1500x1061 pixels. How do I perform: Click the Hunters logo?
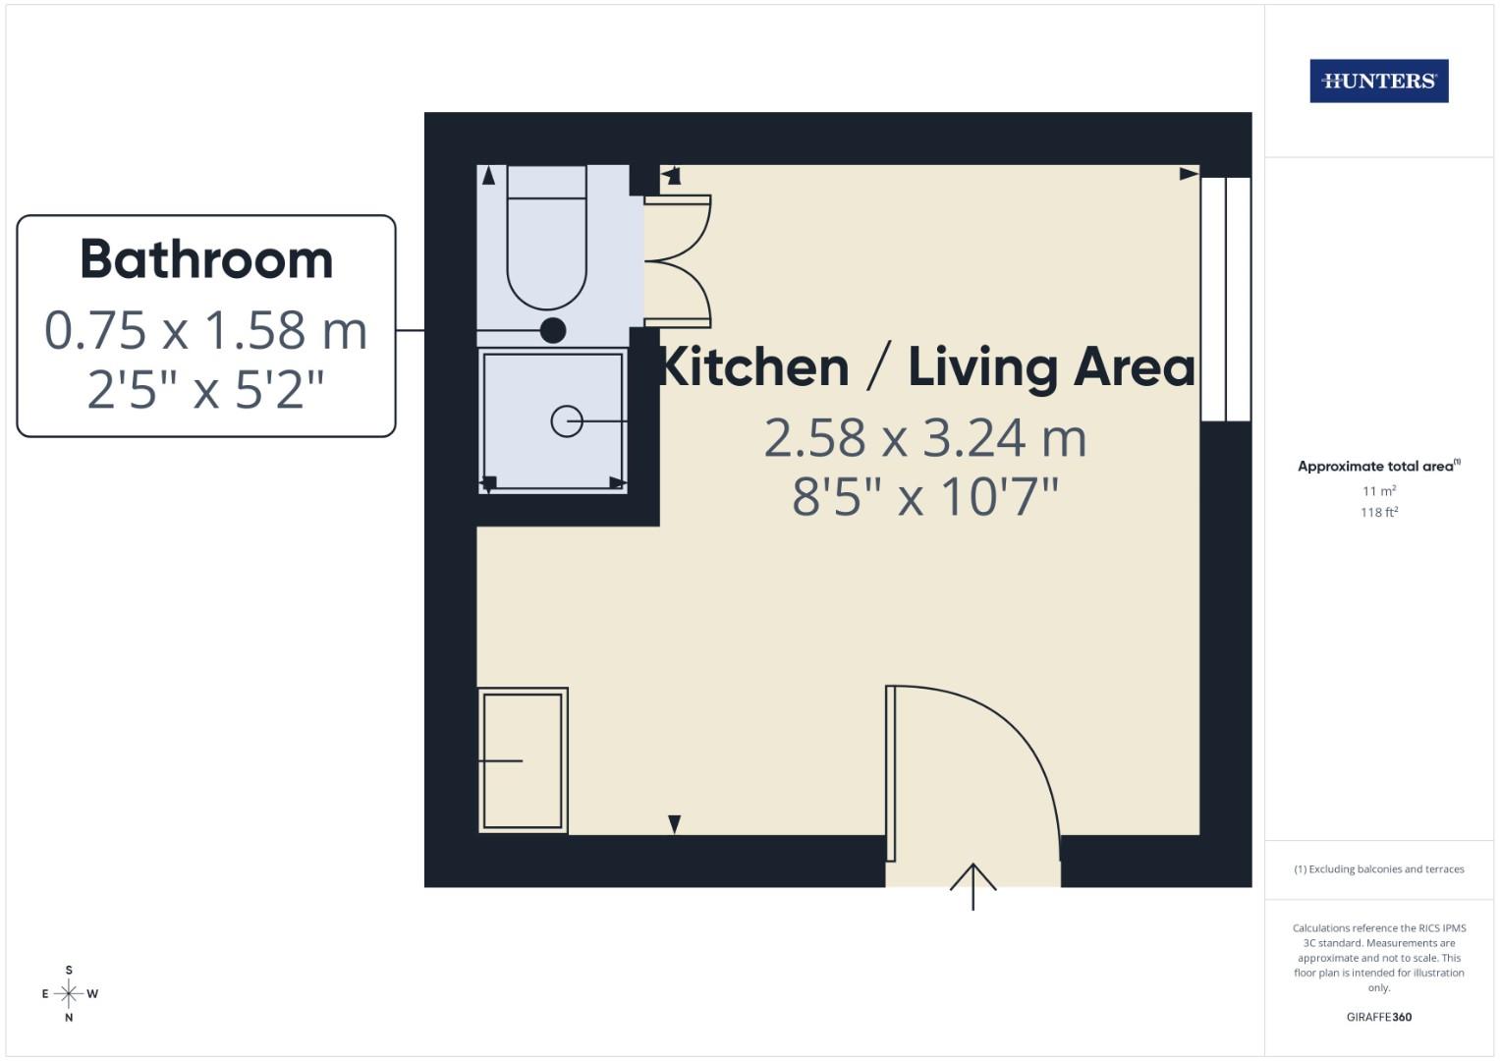coord(1378,82)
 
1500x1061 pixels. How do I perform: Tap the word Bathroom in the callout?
coord(206,260)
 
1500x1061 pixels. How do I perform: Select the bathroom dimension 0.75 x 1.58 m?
coord(206,331)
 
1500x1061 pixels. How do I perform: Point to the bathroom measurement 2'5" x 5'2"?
coord(206,390)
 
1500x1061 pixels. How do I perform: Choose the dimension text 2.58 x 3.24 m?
coord(925,438)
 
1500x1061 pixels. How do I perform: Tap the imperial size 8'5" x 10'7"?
coord(925,497)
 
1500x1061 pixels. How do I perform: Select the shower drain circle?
coord(567,421)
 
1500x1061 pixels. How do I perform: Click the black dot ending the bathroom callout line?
coord(553,331)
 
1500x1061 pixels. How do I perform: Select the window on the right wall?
coord(1226,299)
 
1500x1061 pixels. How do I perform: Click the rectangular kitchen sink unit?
coord(523,760)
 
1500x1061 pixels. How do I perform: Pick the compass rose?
coord(69,994)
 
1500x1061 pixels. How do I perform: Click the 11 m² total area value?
coord(1378,490)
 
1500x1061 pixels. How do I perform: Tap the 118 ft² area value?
coord(1378,512)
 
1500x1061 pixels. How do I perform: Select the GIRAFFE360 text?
coord(1378,1017)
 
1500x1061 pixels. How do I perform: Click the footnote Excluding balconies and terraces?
coord(1378,869)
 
